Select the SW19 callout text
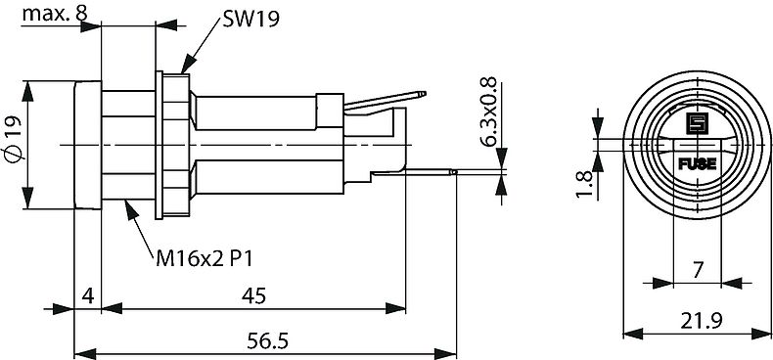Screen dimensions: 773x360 [x=251, y=19]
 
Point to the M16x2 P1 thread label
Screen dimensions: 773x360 [x=205, y=258]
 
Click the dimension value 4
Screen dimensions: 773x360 [x=88, y=295]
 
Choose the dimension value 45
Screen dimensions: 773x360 [x=253, y=295]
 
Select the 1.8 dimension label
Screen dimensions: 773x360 [x=584, y=184]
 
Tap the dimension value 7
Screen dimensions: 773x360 [x=697, y=270]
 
